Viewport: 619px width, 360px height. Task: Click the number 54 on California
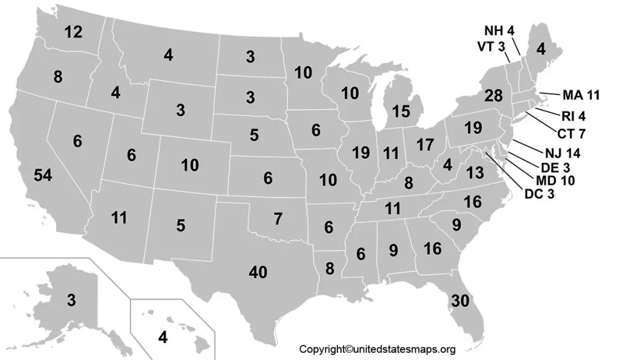(x=43, y=176)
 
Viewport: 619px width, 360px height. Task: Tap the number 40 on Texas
(x=258, y=272)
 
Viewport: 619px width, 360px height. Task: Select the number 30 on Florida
(x=460, y=300)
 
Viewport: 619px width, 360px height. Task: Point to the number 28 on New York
(x=493, y=95)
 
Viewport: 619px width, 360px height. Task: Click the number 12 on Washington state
(x=73, y=32)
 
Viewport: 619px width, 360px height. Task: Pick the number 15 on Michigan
(x=400, y=111)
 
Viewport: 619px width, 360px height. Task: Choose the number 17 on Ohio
(x=426, y=145)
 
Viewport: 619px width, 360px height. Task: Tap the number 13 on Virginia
(x=475, y=172)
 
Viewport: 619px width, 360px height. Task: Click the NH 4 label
(x=499, y=30)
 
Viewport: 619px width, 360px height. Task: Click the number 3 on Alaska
(x=71, y=300)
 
